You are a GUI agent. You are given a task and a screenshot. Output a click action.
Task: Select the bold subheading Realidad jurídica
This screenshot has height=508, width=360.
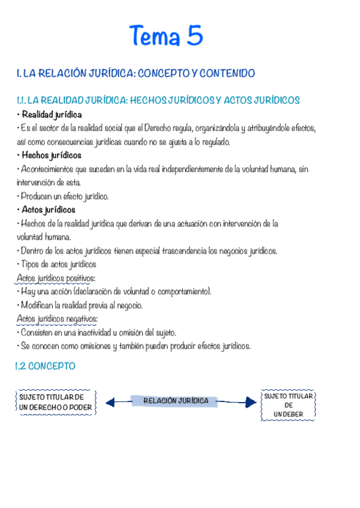pos(52,114)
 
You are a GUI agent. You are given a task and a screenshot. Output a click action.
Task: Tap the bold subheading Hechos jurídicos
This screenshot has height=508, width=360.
pos(51,155)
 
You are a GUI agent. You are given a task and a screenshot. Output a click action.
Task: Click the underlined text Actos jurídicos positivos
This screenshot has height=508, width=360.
pos(56,278)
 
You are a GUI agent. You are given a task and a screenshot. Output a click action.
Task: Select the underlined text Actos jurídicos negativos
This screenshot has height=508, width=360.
pos(57,319)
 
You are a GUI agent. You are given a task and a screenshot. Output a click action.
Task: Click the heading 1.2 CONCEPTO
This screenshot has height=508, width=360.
pos(46,365)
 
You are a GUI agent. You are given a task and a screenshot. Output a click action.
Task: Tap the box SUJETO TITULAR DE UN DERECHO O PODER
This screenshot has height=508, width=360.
pos(56,402)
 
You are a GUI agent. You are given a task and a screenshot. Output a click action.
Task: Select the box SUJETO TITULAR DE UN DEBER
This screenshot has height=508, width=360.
pos(288,405)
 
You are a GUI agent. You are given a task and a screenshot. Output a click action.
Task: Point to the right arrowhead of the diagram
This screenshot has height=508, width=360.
pos(250,403)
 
